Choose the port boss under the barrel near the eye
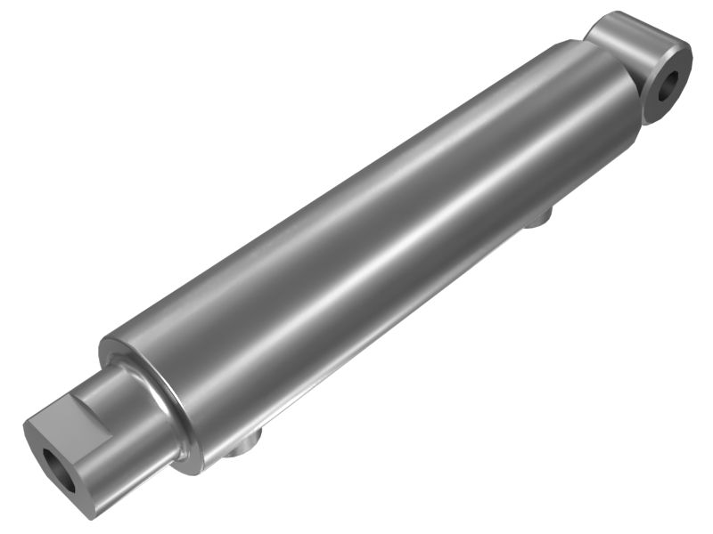pos(538,216)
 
